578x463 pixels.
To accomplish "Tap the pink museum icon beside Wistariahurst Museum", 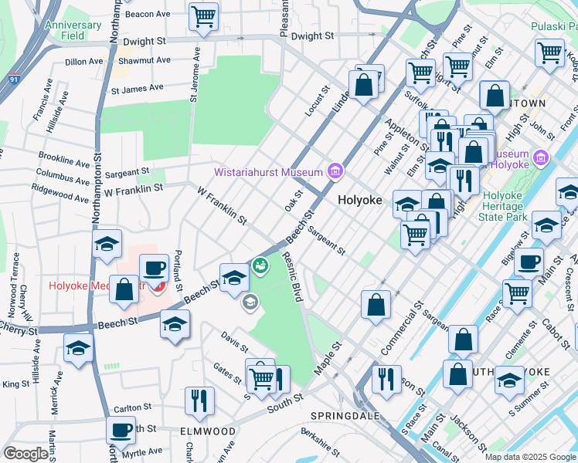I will [x=335, y=171].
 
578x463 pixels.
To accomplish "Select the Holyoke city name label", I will [x=360, y=199].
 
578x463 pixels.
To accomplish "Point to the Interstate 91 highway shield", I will [x=13, y=78].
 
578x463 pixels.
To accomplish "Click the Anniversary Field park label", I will [x=73, y=30].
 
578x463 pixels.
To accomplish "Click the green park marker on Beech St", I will [x=260, y=265].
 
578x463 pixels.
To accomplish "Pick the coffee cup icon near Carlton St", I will [x=121, y=430].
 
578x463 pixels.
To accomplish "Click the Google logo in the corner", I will [x=25, y=454].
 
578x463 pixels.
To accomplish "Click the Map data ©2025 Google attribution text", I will [x=530, y=457].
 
